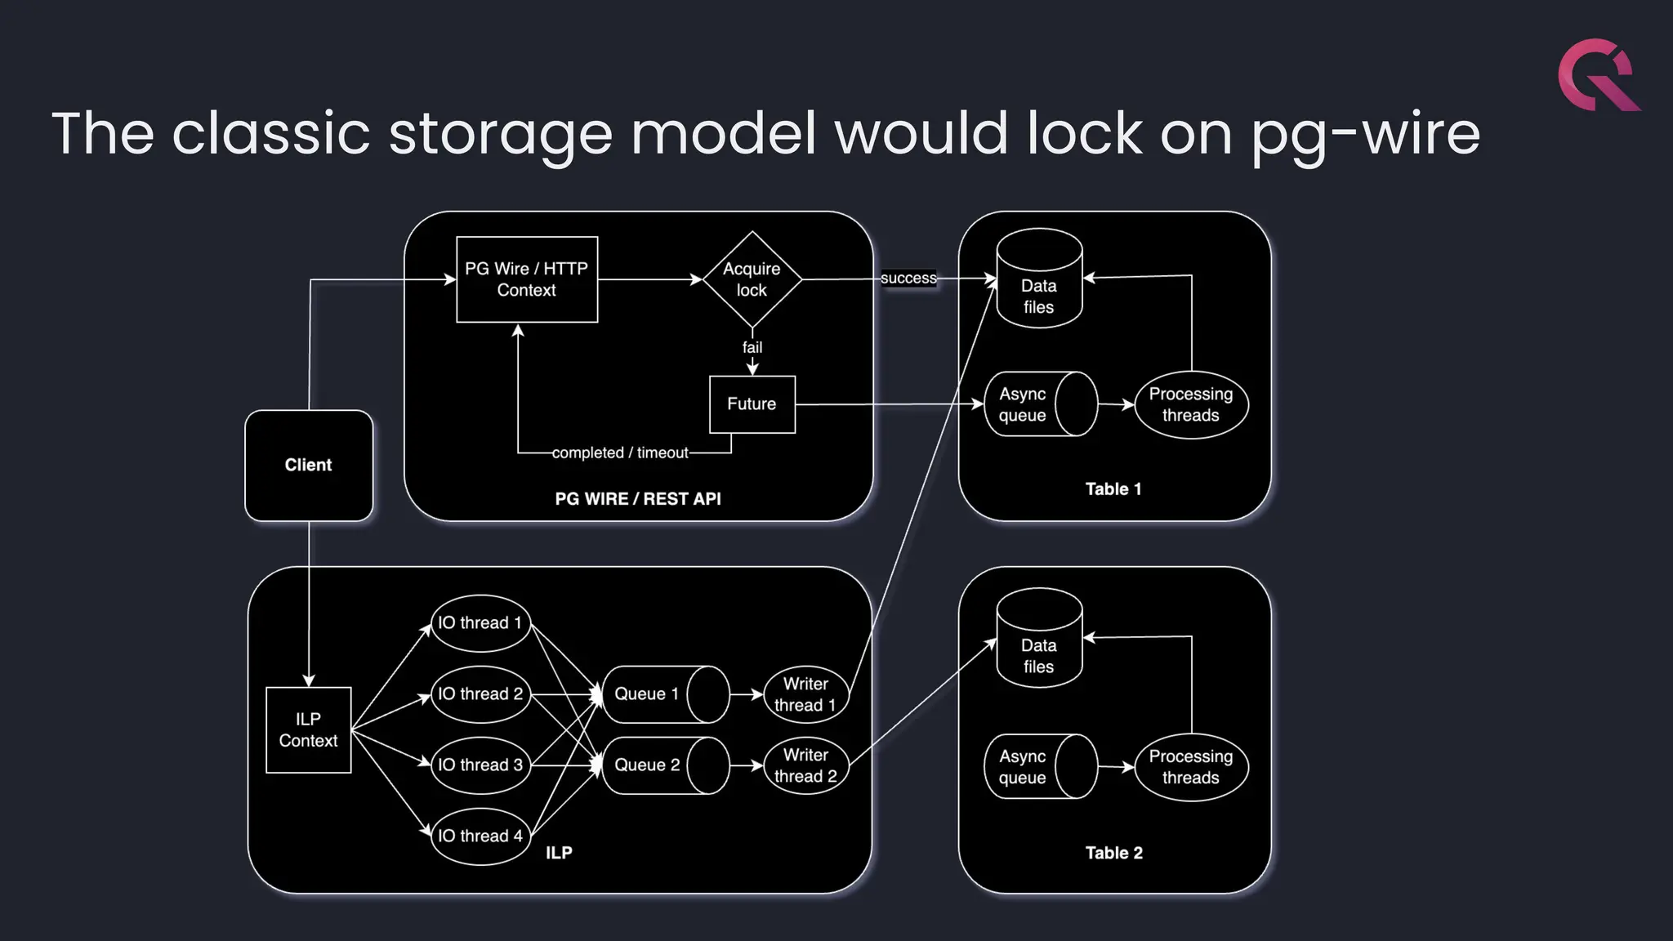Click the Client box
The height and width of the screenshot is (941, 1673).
309,465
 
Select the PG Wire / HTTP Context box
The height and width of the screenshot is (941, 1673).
527,279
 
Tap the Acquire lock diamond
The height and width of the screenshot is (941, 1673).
752,279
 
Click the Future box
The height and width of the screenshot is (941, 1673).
752,404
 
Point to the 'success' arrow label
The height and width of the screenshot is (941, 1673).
908,279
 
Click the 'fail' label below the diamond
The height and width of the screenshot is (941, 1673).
752,347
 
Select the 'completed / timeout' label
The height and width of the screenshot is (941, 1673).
620,453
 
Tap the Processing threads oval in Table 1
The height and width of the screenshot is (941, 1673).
1191,404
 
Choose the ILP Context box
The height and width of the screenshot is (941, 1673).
309,729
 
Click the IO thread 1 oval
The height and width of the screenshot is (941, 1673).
480,623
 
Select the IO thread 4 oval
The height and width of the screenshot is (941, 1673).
480,836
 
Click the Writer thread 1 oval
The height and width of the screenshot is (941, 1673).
805,694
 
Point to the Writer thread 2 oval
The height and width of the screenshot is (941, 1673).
805,765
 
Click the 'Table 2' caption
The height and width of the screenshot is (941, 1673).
1113,853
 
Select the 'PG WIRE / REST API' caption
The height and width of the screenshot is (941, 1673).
638,499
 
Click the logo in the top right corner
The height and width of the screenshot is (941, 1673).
1598,75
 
